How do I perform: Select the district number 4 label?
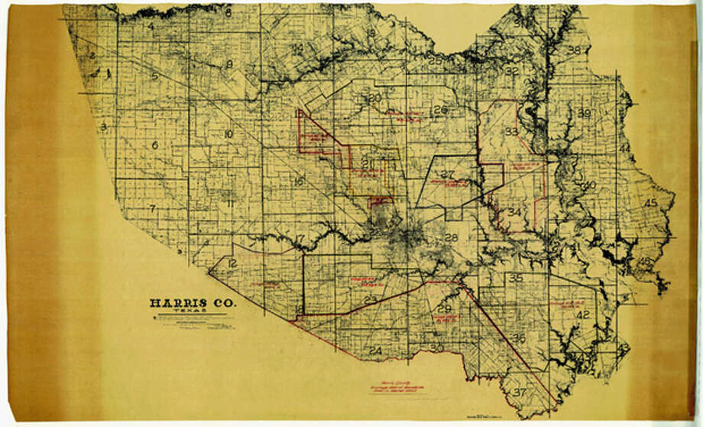click(x=151, y=28)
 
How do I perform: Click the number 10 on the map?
click(x=228, y=135)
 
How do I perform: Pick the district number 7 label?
click(x=153, y=208)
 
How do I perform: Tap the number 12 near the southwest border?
click(x=232, y=263)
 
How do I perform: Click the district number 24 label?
click(x=375, y=351)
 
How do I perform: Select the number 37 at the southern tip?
click(x=521, y=393)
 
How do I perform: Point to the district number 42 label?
click(x=583, y=315)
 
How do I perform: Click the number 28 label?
click(x=452, y=238)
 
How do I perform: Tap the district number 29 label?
click(x=445, y=308)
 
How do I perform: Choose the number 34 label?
click(x=516, y=212)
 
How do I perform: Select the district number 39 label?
click(x=585, y=113)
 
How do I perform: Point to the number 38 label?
click(x=574, y=51)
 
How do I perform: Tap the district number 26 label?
click(x=439, y=109)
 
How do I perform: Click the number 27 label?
click(x=449, y=174)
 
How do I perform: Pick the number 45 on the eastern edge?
click(x=650, y=203)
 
